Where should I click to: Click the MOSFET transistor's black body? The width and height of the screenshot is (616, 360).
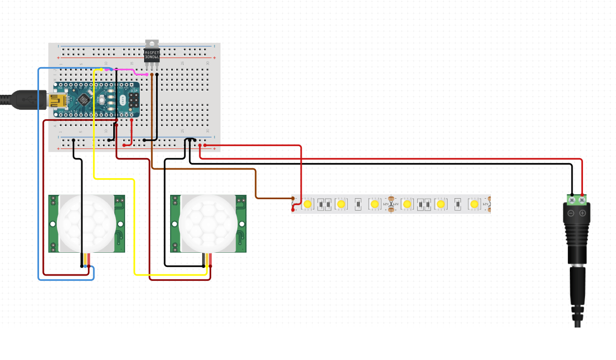click(x=152, y=55)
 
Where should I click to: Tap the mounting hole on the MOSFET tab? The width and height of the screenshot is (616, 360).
click(x=152, y=43)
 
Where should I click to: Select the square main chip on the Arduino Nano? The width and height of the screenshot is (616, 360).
click(x=83, y=100)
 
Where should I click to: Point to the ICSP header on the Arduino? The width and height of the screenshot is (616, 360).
click(x=133, y=100)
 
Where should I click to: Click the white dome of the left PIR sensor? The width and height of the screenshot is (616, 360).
click(x=87, y=222)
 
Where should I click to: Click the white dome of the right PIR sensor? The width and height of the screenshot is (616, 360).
click(x=209, y=222)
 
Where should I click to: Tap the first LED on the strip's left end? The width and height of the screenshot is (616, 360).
click(x=307, y=204)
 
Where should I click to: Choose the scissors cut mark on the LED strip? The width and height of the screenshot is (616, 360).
click(x=391, y=204)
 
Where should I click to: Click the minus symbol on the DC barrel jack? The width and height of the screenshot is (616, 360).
click(x=570, y=213)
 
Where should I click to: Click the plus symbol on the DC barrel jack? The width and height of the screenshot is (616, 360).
click(x=582, y=213)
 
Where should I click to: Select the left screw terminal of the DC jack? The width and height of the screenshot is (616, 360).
click(x=572, y=200)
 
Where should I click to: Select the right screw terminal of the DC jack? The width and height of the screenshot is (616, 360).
click(x=582, y=200)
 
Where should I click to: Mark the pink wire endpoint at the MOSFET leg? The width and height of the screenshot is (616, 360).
click(x=146, y=74)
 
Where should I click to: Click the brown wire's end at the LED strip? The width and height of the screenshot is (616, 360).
click(x=293, y=199)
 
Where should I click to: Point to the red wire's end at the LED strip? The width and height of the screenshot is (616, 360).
click(x=293, y=209)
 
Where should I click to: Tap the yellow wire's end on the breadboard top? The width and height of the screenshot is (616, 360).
click(x=101, y=69)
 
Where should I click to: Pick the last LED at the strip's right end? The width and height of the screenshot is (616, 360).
click(x=474, y=204)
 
